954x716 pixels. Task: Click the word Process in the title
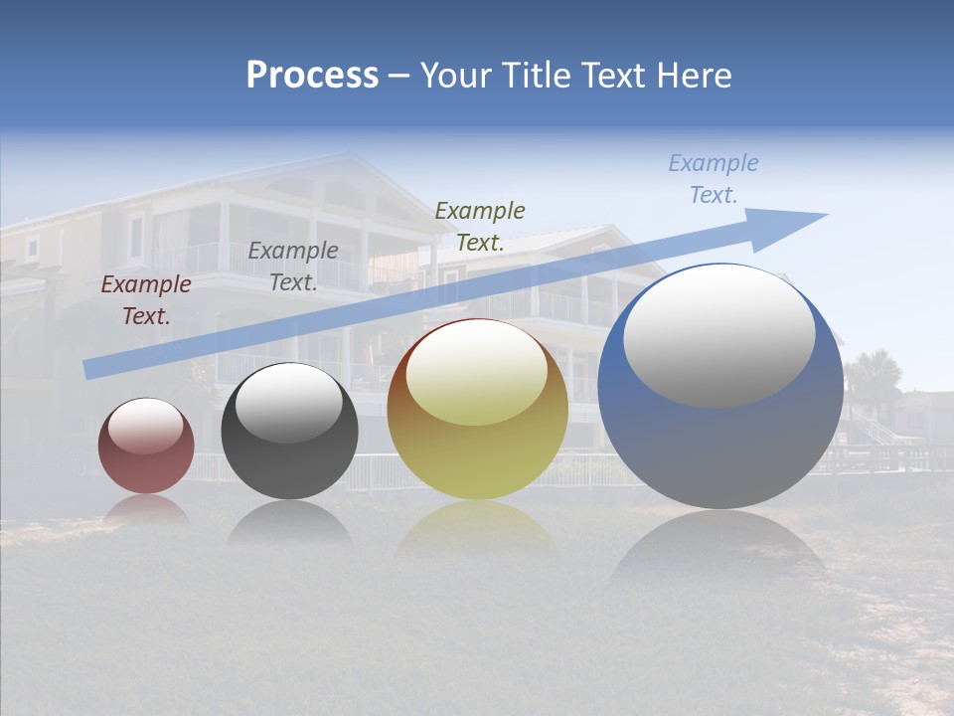click(312, 76)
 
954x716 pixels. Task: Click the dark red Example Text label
click(146, 300)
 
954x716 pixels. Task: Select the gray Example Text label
click(293, 267)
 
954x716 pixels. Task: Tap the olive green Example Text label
click(480, 226)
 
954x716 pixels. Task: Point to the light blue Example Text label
click(714, 179)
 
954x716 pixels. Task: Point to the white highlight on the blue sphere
click(718, 335)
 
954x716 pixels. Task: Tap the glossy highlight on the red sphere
click(145, 426)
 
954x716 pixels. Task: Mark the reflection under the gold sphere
click(477, 527)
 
